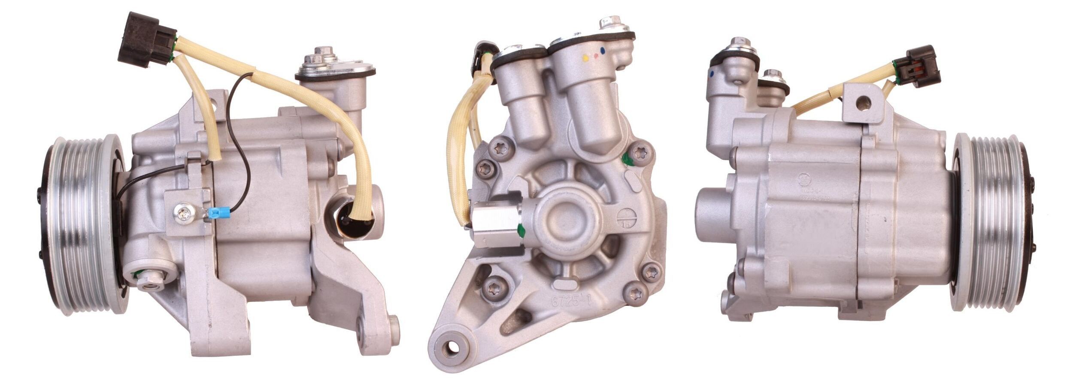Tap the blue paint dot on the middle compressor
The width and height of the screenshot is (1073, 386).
604,50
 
